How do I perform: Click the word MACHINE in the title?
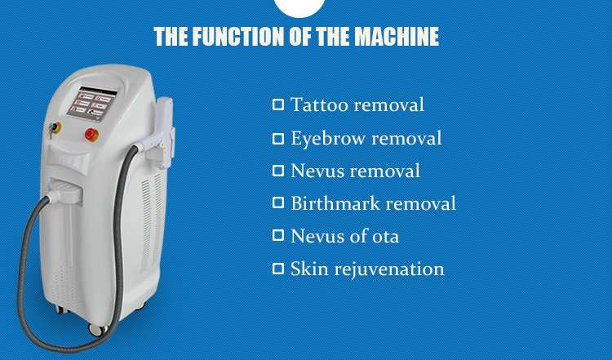(x=397, y=36)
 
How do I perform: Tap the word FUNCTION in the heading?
(x=238, y=36)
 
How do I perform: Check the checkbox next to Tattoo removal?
(x=278, y=104)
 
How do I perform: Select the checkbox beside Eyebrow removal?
(x=278, y=139)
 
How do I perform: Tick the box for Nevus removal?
(x=278, y=171)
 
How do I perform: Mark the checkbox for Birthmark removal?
(x=278, y=202)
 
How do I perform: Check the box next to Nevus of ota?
(x=278, y=235)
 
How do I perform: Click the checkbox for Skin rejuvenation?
(x=278, y=269)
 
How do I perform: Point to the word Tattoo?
(x=319, y=104)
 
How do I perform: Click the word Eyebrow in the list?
(x=328, y=139)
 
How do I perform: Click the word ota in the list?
(x=385, y=237)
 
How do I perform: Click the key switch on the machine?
(x=54, y=128)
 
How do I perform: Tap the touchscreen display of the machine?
(x=92, y=104)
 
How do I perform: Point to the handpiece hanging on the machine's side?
(x=162, y=133)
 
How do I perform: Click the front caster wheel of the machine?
(x=97, y=330)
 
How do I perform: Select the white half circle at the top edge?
(x=299, y=7)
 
